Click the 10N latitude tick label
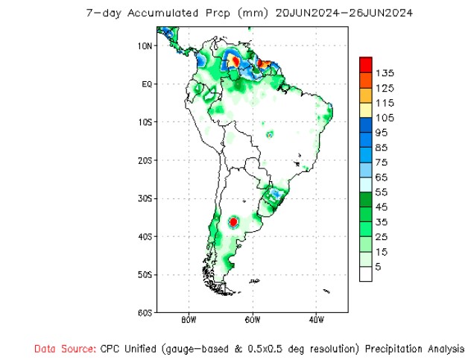(x=145, y=45)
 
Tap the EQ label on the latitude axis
(x=146, y=83)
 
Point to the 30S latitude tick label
(x=145, y=198)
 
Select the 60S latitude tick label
(x=145, y=313)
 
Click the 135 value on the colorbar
(x=385, y=73)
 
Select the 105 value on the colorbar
(x=385, y=118)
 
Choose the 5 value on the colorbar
(x=379, y=267)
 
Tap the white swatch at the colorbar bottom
(x=365, y=274)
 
